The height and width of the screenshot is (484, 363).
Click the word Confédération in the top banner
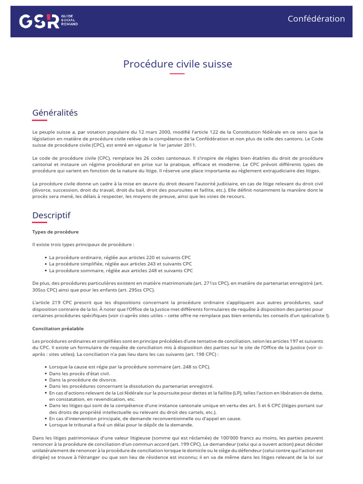click(316, 19)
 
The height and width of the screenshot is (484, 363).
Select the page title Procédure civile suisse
click(177, 64)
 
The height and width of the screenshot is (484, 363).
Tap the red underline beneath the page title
click(177, 74)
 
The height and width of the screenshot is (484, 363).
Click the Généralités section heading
click(55, 113)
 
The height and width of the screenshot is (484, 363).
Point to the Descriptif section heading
click(51, 215)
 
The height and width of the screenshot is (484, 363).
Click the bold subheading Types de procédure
click(55, 232)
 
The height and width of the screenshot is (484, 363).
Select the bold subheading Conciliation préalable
click(58, 328)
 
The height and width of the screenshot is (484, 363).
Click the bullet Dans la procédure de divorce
click(83, 380)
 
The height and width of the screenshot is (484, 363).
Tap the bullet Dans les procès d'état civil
click(78, 373)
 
